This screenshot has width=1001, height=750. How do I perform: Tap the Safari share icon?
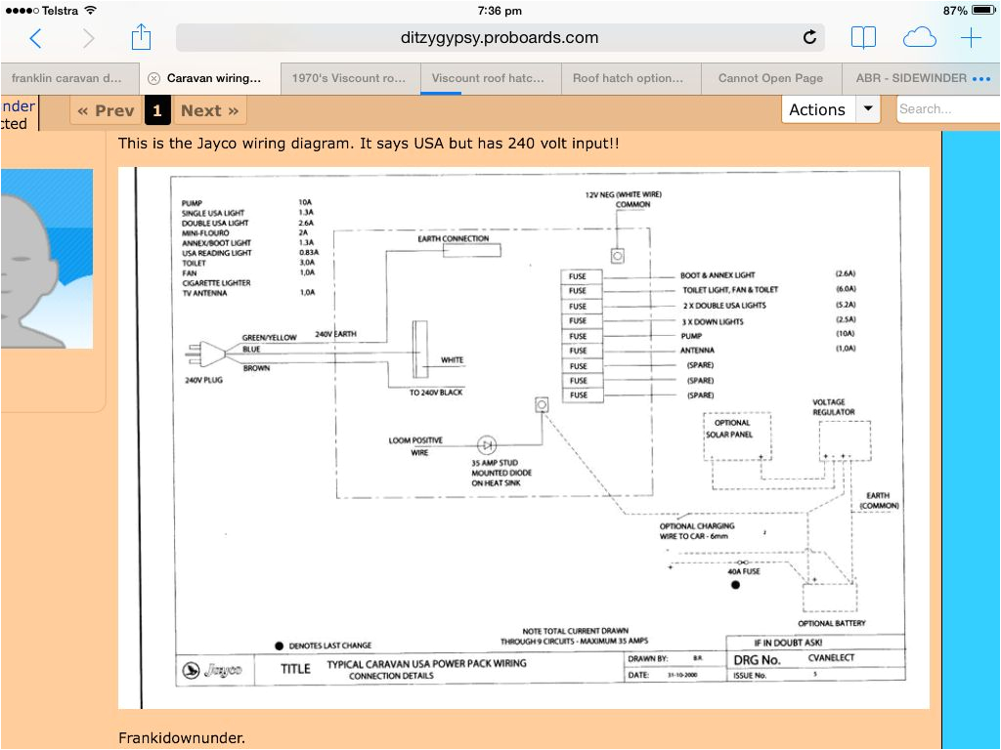point(141,38)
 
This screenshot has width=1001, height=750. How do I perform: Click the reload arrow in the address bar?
point(809,38)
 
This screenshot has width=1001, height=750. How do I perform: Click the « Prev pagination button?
point(106,110)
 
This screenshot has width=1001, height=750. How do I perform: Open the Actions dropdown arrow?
point(868,109)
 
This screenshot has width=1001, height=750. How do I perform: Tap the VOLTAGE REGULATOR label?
point(833,407)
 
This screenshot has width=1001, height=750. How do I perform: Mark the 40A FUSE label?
point(744,571)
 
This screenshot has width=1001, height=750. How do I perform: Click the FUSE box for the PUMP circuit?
point(579,335)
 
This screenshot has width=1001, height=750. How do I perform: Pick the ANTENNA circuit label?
point(697,350)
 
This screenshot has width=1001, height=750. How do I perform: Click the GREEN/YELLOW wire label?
point(269,338)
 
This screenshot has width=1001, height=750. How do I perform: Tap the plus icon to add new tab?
point(970,38)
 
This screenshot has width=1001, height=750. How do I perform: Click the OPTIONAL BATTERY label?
point(831,623)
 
